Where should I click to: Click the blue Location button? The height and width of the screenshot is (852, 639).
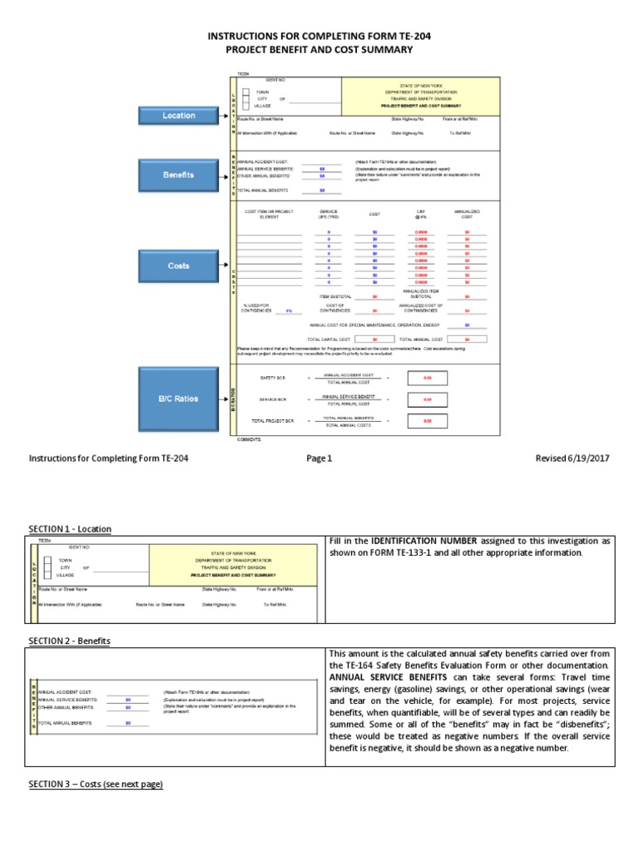[179, 116]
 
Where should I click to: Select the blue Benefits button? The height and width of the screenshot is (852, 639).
[179, 175]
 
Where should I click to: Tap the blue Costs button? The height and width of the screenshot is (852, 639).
[179, 266]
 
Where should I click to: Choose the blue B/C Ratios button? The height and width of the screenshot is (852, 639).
[179, 399]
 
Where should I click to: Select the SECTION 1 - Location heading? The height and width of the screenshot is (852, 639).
[70, 529]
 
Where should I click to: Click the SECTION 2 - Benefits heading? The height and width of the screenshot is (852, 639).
[69, 641]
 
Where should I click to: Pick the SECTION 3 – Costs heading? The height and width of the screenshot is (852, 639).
[96, 785]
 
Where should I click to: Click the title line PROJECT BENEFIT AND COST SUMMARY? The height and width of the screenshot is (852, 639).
[319, 50]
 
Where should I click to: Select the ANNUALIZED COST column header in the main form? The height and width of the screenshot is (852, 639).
[467, 214]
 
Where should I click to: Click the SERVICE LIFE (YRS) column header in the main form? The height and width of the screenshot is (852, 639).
[329, 214]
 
